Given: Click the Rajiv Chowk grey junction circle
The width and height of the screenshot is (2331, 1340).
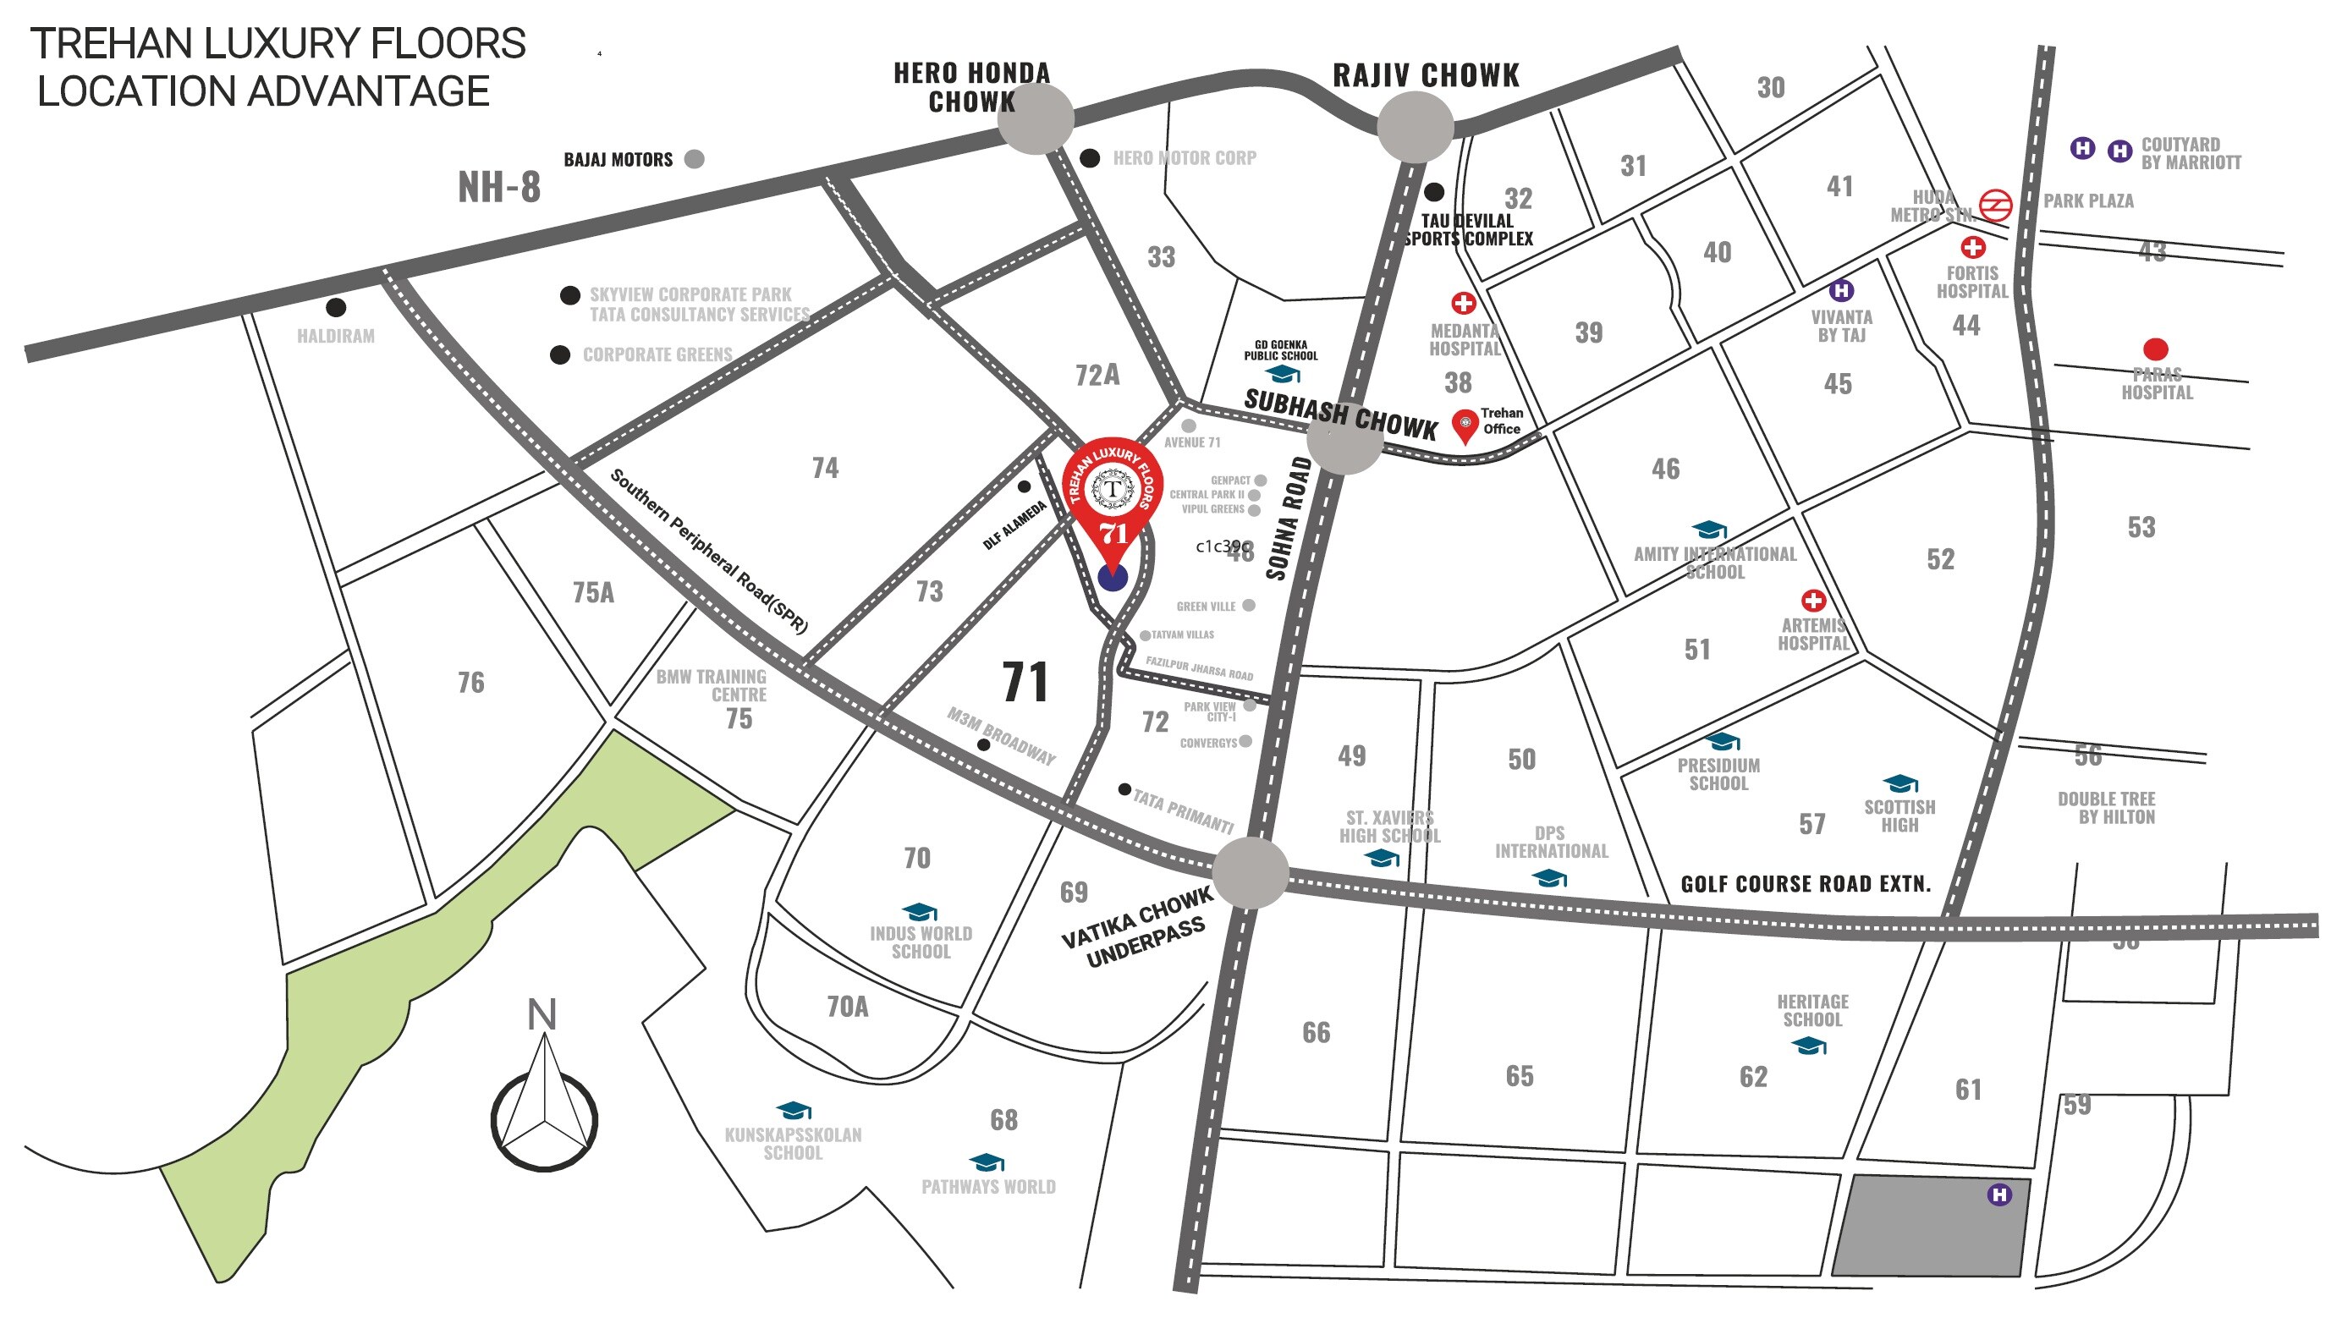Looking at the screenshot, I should coord(1415,127).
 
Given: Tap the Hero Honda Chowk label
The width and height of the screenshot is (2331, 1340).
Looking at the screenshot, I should coord(972,87).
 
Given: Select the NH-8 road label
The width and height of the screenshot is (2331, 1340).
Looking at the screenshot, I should coord(499,187).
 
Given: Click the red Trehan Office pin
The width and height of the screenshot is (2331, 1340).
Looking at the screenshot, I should coord(1464,426).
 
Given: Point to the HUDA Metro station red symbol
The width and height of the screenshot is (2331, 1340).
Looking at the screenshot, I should coord(1995,206).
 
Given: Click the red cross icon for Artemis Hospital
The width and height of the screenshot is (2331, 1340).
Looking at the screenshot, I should coord(1813,601).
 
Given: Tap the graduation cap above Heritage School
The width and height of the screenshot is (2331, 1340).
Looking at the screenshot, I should coord(1808,1046).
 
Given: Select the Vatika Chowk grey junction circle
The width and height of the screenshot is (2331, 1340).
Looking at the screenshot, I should coord(1250,872).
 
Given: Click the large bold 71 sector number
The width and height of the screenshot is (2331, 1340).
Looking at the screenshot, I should coord(1025,682).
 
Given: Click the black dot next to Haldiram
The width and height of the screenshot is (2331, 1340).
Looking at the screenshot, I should coord(336,306).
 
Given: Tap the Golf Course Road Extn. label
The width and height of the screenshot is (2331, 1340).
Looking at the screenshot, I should coord(1806,884).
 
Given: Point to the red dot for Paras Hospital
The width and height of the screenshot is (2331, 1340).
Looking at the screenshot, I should coord(2155,349).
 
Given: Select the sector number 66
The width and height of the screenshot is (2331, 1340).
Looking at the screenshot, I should coord(1316,1033).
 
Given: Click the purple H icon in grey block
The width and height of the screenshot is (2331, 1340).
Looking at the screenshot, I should coord(1998,1194).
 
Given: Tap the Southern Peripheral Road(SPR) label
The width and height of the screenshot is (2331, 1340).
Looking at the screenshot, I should coord(708,552).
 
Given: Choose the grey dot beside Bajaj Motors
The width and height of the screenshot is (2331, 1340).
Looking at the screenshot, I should coord(695,159).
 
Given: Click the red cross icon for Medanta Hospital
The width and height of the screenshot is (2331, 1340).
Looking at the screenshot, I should coord(1463,303).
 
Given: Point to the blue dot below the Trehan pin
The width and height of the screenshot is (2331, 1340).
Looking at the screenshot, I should coord(1113,577).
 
